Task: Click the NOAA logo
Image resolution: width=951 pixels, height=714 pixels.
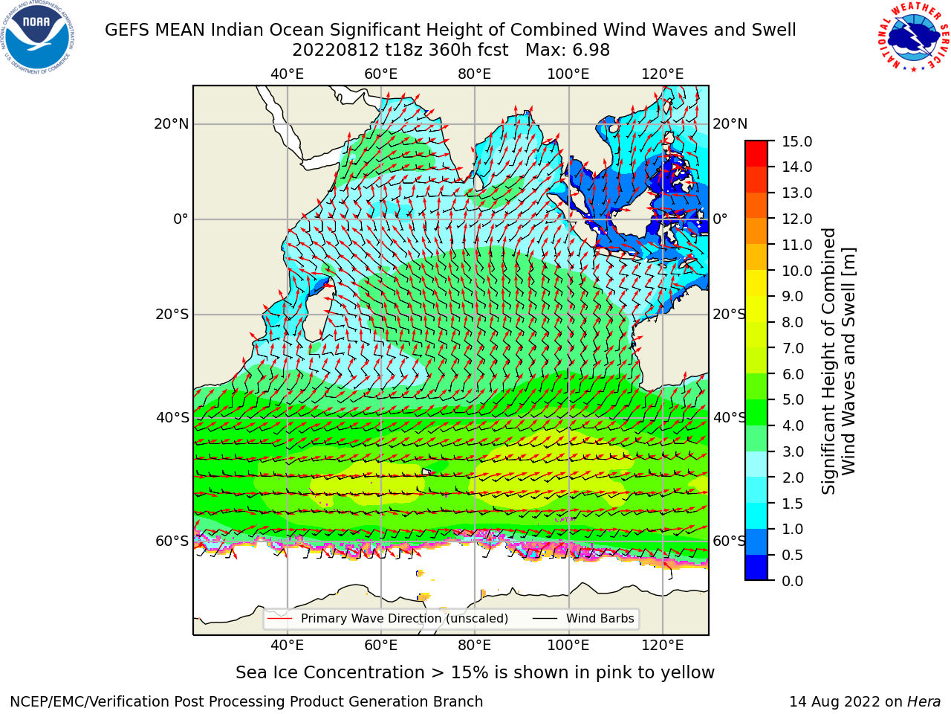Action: [38, 37]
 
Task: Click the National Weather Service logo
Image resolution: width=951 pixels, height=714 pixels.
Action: [913, 37]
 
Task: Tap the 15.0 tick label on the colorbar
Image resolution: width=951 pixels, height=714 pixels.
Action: [796, 141]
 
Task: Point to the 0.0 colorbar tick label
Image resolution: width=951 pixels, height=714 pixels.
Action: [793, 581]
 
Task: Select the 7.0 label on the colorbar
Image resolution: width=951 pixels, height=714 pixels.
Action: [793, 348]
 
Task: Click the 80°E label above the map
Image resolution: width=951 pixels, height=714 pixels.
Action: [475, 74]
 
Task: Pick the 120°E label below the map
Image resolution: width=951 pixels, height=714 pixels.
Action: [663, 646]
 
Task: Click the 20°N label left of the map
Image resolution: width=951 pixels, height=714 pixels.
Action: [172, 124]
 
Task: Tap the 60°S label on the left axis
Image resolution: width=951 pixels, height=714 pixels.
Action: [172, 541]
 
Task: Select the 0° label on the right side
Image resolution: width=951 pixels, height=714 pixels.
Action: [720, 219]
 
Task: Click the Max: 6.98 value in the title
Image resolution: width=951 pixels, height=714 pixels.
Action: [568, 51]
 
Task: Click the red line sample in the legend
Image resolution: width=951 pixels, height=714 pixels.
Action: [280, 618]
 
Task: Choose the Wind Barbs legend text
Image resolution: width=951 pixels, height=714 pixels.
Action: [600, 618]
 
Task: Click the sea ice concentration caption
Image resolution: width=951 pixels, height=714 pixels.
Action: [475, 673]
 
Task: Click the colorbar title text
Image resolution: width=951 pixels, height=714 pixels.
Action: [838, 361]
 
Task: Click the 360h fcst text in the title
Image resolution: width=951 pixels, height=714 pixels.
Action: [468, 51]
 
